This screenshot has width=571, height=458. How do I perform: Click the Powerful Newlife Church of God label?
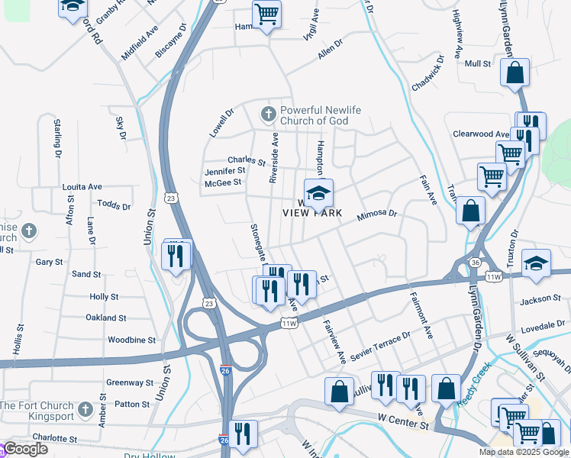pos(315,115)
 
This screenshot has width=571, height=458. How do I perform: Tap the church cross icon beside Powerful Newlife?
pos(268,114)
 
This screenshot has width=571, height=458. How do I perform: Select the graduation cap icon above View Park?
pos(318,192)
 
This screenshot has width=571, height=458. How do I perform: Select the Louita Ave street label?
pos(82,186)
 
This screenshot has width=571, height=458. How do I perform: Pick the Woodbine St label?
pos(131,340)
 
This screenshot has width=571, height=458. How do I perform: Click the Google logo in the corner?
pos(24,449)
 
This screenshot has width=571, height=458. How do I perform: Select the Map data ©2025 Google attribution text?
pos(523,452)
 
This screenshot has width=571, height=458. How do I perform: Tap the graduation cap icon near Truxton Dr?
pos(537,263)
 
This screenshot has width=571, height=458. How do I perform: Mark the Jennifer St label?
pos(224,171)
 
